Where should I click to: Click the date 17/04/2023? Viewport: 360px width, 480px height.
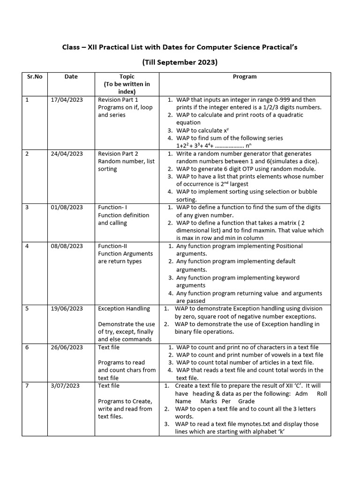[67, 100]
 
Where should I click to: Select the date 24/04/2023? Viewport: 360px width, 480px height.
[67, 154]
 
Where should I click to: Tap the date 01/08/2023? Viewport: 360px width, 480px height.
[67, 208]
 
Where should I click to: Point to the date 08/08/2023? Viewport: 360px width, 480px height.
[67, 246]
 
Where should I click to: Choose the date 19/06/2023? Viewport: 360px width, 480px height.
[67, 308]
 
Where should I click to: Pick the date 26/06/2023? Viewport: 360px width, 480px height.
[67, 347]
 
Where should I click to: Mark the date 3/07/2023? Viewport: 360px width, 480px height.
[65, 386]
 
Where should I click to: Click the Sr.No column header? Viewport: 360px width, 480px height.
[35, 77]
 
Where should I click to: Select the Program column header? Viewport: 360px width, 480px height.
[245, 77]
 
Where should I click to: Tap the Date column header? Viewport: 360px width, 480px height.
[71, 77]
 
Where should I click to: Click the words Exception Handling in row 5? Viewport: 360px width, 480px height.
[124, 308]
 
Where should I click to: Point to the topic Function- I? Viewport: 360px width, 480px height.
[112, 208]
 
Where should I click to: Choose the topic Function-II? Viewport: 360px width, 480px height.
[112, 246]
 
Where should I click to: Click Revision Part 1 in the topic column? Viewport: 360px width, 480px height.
[118, 100]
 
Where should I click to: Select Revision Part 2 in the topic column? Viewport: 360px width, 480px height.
[118, 154]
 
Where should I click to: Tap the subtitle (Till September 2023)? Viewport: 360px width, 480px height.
[180, 62]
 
